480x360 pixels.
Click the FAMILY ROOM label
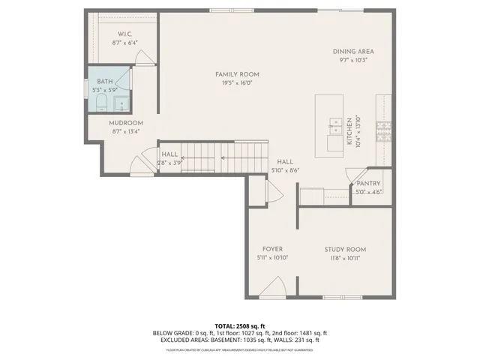click(x=237, y=73)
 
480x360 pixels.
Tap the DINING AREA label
click(x=353, y=52)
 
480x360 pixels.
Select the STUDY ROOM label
click(x=345, y=249)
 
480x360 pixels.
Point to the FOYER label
click(x=271, y=249)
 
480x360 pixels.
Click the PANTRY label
click(x=368, y=183)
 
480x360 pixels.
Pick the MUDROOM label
click(x=125, y=122)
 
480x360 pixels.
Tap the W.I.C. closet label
click(x=124, y=34)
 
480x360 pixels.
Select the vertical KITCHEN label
click(x=349, y=130)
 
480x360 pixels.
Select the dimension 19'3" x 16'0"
click(x=237, y=83)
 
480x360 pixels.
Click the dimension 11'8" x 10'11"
click(x=345, y=258)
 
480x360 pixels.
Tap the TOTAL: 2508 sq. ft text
click(x=240, y=325)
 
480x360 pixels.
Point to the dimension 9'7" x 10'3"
click(x=353, y=61)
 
